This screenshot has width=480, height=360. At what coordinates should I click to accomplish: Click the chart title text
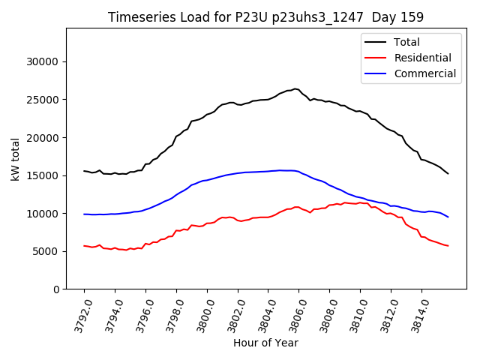point(265,17)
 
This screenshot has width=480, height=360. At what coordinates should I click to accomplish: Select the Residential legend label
point(423,58)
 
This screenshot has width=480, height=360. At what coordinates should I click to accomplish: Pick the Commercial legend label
point(425,73)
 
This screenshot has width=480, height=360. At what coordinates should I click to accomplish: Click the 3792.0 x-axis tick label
point(77,314)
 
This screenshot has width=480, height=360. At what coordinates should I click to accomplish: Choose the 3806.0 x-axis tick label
point(292,314)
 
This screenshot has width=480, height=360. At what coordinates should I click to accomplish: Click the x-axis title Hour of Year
point(265,343)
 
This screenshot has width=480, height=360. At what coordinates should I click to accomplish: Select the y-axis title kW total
point(15,159)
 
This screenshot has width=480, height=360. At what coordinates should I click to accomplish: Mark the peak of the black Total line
point(295,88)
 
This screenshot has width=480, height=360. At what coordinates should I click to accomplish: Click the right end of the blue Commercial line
point(448,217)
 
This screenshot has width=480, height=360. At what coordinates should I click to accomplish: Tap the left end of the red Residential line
point(84,245)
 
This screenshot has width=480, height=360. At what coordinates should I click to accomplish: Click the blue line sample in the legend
point(376,73)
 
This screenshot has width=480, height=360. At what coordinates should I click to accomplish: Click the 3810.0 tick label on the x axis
point(353,314)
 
